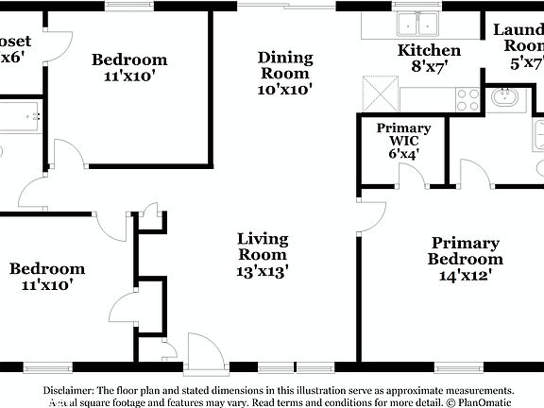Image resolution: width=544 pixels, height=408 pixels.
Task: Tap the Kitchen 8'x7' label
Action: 429,58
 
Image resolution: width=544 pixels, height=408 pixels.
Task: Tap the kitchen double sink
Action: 418,25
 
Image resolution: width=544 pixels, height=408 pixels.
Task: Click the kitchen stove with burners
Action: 467,99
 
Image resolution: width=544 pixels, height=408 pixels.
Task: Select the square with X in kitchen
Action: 382,94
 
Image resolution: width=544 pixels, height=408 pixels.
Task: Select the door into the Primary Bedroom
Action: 371,216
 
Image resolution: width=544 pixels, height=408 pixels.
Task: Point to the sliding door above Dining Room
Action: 285,6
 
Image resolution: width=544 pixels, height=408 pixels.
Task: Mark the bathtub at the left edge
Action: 18,117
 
